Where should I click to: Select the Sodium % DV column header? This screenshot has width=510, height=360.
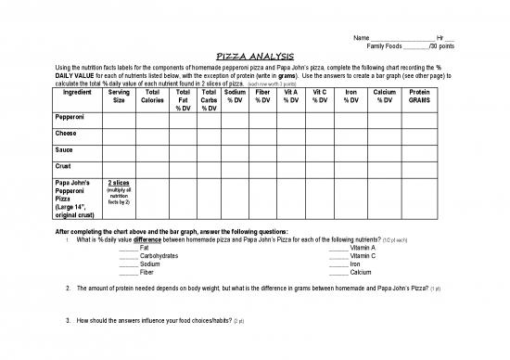pyautogui.click(x=235, y=96)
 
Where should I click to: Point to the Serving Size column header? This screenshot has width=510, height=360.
pyautogui.click(x=119, y=96)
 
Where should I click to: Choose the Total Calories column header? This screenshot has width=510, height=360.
pyautogui.click(x=153, y=96)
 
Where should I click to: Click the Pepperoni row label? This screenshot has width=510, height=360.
pyautogui.click(x=72, y=120)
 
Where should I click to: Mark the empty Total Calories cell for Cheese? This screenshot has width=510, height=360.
pyautogui.click(x=153, y=135)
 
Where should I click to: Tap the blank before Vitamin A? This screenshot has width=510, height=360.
pyautogui.click(x=338, y=248)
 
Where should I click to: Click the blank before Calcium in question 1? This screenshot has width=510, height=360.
pyautogui.click(x=338, y=273)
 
